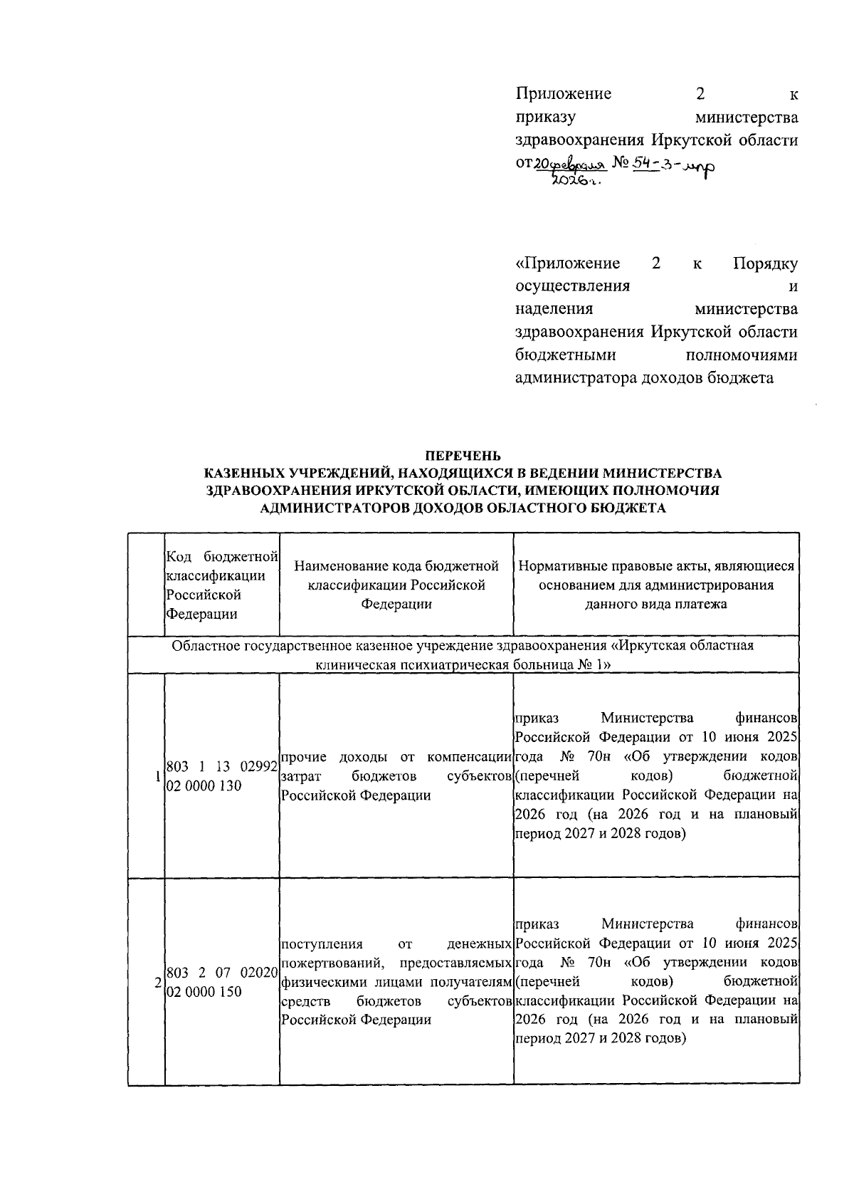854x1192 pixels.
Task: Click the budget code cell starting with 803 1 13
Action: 221,776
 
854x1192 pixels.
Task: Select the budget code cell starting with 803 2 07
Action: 221,982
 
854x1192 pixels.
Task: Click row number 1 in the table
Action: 157,776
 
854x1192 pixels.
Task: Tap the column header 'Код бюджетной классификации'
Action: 221,585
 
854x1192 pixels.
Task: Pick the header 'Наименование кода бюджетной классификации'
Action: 396,585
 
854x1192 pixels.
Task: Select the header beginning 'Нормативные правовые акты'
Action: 656,585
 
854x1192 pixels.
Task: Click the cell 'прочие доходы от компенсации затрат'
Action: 396,775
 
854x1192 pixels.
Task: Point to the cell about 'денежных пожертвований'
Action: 396,982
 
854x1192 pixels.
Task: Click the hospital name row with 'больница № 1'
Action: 463,654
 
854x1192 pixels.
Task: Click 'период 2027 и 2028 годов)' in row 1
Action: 600,833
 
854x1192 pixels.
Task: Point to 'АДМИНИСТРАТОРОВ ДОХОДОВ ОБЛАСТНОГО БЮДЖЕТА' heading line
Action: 463,508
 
